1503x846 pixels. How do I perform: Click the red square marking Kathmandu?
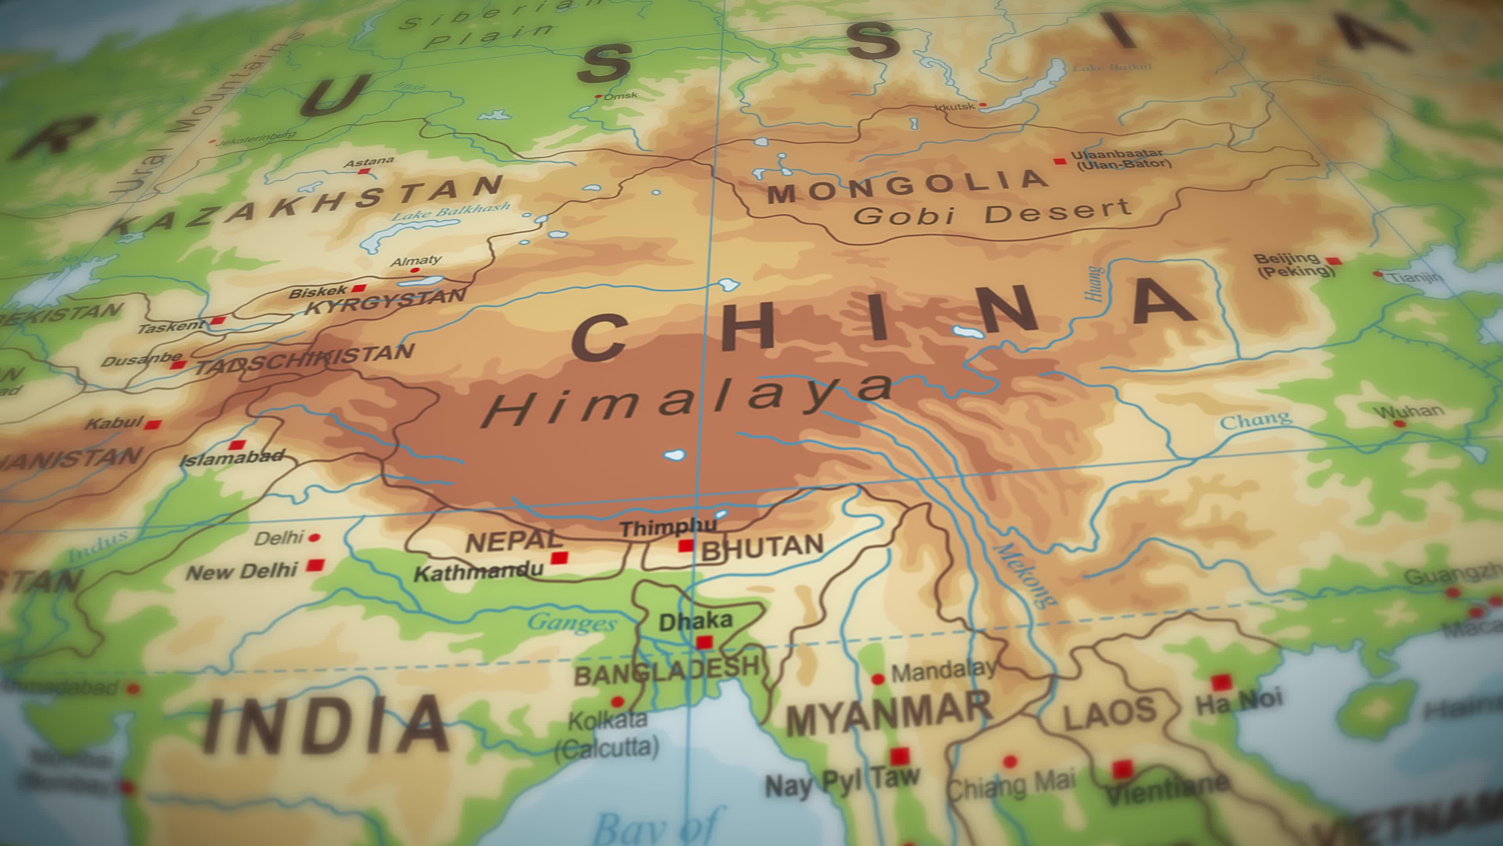point(559,557)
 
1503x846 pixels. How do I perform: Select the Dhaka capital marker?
point(704,642)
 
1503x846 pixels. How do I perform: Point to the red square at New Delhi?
point(315,564)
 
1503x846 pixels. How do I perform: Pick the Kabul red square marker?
point(153,425)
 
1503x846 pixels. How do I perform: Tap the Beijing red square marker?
point(1333,260)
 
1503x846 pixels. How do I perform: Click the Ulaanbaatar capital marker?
point(1060,161)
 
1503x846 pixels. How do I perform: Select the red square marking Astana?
point(364,172)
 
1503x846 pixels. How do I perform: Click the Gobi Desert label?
point(992,213)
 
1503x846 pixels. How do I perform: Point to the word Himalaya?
point(688,400)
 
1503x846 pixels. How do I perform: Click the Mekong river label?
point(1025,575)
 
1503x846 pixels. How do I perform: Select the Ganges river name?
point(572,624)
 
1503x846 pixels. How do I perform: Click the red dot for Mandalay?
point(878,679)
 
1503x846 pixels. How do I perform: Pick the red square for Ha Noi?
point(1221,682)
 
